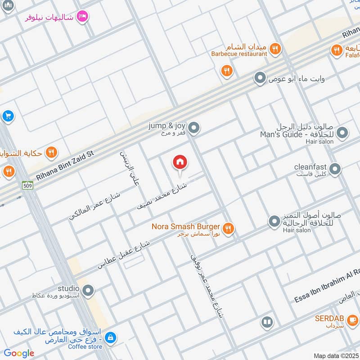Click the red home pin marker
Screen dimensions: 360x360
coord(180,162)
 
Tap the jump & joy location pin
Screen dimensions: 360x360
coord(193,128)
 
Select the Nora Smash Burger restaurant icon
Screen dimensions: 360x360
coord(229,229)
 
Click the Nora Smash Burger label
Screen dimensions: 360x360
coord(186,226)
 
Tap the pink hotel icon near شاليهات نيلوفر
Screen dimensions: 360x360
coord(82,17)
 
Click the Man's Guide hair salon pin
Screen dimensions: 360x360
coord(342,133)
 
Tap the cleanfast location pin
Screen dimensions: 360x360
coord(335,169)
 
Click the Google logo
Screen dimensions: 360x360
coord(19,353)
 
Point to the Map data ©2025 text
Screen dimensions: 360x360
coord(336,355)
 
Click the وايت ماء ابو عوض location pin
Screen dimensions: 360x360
coord(259,79)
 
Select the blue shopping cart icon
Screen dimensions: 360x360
coord(7,116)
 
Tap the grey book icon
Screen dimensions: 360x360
coord(267,322)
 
